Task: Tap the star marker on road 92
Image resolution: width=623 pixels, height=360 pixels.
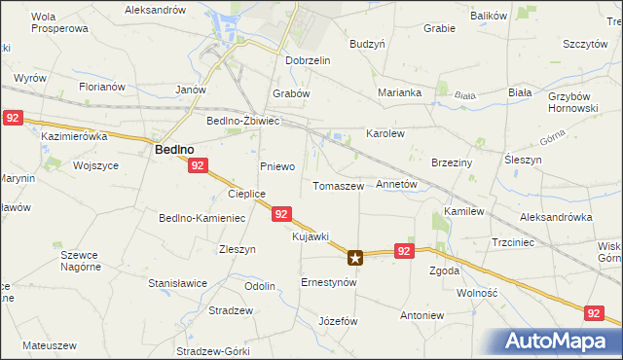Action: (x=356, y=258)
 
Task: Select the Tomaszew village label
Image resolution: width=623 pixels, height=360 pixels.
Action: (x=338, y=185)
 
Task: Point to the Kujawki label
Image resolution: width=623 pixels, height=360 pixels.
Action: (x=311, y=236)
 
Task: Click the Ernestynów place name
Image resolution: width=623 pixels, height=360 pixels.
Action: (x=329, y=282)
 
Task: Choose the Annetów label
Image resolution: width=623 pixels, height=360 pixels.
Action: (x=396, y=183)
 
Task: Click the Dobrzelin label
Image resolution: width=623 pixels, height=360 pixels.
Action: (x=309, y=60)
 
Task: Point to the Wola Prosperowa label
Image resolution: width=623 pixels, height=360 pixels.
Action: (x=59, y=22)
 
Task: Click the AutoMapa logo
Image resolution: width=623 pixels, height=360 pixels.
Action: (x=560, y=341)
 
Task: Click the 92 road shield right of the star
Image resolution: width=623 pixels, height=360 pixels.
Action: (x=406, y=250)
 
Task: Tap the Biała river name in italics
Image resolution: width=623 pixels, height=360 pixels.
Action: (x=463, y=95)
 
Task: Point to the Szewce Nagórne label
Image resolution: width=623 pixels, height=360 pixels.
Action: (x=80, y=260)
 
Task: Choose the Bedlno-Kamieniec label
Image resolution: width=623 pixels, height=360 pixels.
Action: (x=202, y=218)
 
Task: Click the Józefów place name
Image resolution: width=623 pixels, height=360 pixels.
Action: (x=339, y=321)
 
